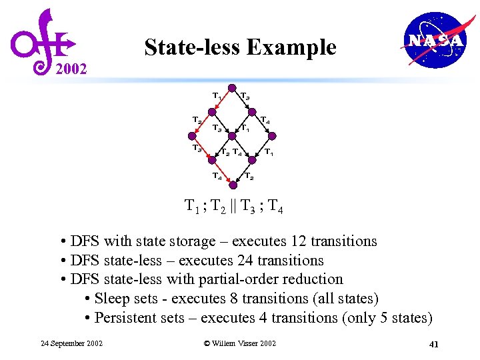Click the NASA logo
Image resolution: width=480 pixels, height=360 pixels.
click(x=434, y=41)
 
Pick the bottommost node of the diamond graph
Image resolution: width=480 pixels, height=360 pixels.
click(x=232, y=185)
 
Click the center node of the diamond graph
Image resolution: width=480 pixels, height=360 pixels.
click(x=232, y=136)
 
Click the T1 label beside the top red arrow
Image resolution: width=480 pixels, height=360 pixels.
click(x=217, y=97)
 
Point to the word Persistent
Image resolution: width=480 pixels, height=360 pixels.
click(x=127, y=318)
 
